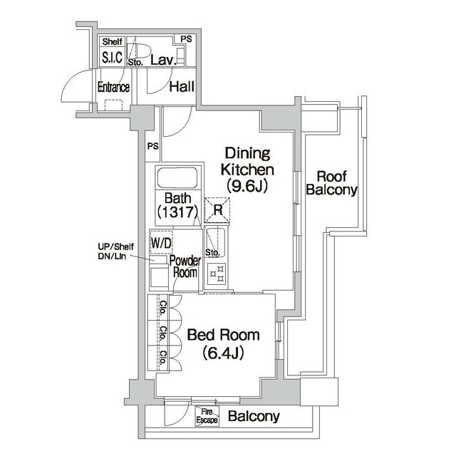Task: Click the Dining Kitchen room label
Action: (247, 161)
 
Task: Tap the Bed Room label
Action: (222, 335)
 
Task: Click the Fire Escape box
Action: (207, 416)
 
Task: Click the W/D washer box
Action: (161, 242)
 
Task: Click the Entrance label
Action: (113, 88)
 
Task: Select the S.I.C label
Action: (113, 58)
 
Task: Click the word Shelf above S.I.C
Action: (112, 42)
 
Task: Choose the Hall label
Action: (182, 88)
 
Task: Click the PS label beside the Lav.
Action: (185, 39)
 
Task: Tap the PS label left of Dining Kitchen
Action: (152, 147)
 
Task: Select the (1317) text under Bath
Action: (177, 212)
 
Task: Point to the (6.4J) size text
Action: (223, 352)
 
